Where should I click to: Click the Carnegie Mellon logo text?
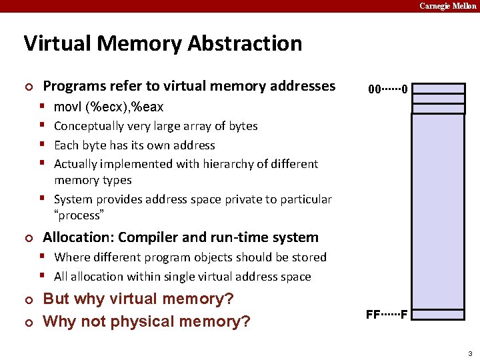(447, 6)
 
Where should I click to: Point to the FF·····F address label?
(387, 314)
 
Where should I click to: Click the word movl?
(67, 107)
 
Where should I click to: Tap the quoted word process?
(77, 215)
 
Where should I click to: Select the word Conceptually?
(89, 126)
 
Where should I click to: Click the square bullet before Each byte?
(43, 145)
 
